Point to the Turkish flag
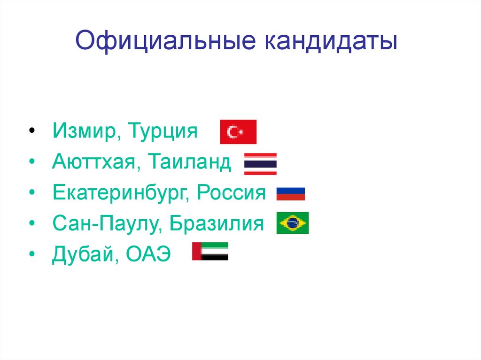(x=238, y=132)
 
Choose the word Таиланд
(x=190, y=162)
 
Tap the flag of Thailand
(x=260, y=164)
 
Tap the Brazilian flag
(x=293, y=223)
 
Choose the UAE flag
(x=210, y=251)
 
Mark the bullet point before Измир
(x=31, y=130)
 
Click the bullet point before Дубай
(x=31, y=255)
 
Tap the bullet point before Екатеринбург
(x=31, y=193)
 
